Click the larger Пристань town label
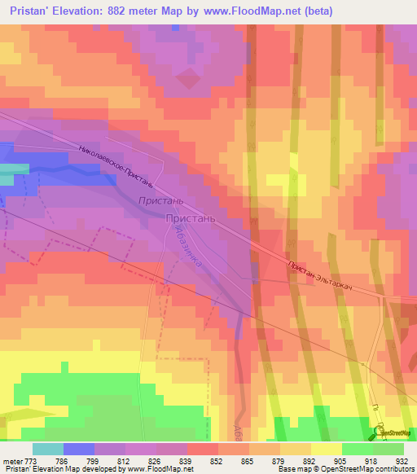[191, 218]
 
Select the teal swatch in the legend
[48, 449]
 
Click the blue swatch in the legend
[79, 449]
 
